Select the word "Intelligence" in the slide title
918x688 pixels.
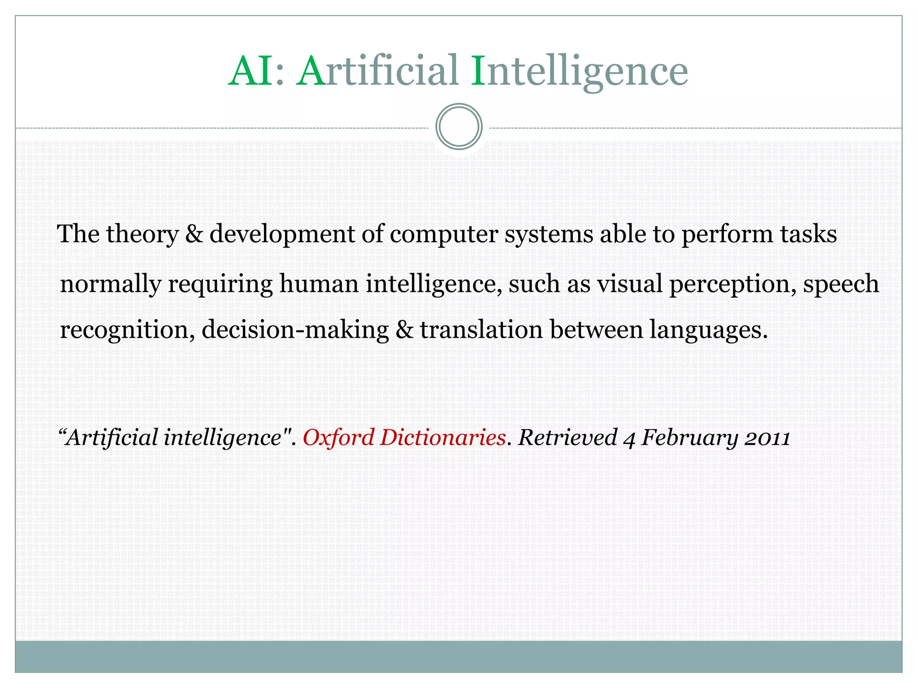(579, 72)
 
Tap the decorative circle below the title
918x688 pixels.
(459, 127)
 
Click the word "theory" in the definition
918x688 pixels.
(142, 234)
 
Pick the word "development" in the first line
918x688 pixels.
(282, 234)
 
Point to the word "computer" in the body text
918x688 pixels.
(443, 234)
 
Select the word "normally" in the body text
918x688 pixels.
(110, 284)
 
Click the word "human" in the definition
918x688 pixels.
(319, 284)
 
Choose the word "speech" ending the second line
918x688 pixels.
(840, 284)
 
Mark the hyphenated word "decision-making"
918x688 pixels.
(295, 331)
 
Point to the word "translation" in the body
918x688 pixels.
(481, 330)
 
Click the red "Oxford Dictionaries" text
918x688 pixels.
(404, 438)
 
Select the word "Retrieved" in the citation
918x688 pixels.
(567, 438)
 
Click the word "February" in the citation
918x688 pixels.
(689, 438)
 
